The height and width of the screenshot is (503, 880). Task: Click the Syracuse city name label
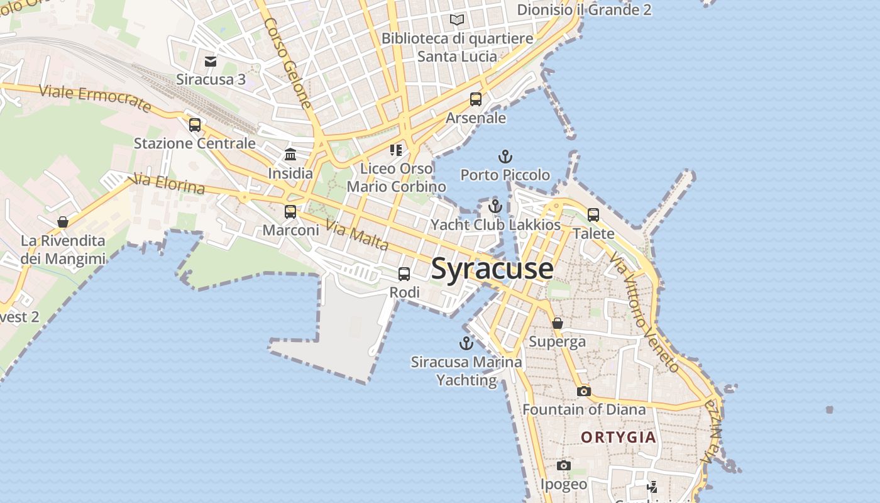pos(492,268)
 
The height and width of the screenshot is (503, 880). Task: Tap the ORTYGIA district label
pos(619,437)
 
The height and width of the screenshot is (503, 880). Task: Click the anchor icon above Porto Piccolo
pos(505,157)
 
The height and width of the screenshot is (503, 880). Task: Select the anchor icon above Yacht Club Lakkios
pos(495,206)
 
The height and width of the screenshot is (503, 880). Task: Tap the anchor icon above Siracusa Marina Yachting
pos(466,343)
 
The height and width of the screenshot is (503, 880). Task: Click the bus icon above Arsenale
pos(476,99)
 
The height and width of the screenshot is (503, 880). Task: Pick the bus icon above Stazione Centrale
pos(195,124)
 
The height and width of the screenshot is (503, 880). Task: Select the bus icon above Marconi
pos(290,212)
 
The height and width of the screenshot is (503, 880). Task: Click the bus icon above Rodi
pos(404,274)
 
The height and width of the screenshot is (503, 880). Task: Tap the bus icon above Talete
pos(593,215)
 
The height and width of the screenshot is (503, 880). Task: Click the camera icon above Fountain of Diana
pos(583,391)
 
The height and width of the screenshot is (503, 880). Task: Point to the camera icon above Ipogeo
pos(564,466)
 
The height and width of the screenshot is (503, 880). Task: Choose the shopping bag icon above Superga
pos(557,323)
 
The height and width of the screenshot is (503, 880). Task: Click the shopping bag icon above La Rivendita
pos(63,222)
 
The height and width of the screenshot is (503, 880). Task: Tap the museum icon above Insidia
pos(290,154)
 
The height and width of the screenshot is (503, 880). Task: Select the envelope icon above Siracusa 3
pos(211,62)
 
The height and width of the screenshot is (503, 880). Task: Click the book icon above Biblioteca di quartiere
pos(457,20)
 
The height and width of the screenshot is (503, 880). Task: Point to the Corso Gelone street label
pos(289,62)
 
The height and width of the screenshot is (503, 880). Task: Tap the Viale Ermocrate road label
pos(95,98)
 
